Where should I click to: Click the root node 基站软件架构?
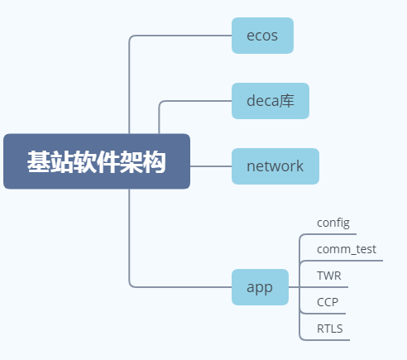tap(97, 161)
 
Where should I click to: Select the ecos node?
tap(262, 36)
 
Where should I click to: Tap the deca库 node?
tap(270, 101)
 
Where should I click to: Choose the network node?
tap(275, 166)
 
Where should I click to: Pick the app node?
tap(260, 287)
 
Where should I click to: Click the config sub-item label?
tap(333, 223)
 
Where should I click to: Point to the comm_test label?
tap(347, 249)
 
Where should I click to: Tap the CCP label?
tap(328, 302)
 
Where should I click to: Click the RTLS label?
tap(330, 329)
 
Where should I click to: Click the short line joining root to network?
tap(211, 166)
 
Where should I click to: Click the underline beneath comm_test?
tap(347, 261)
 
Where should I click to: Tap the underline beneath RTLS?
tap(327, 339)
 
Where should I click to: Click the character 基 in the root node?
tap(38, 162)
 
